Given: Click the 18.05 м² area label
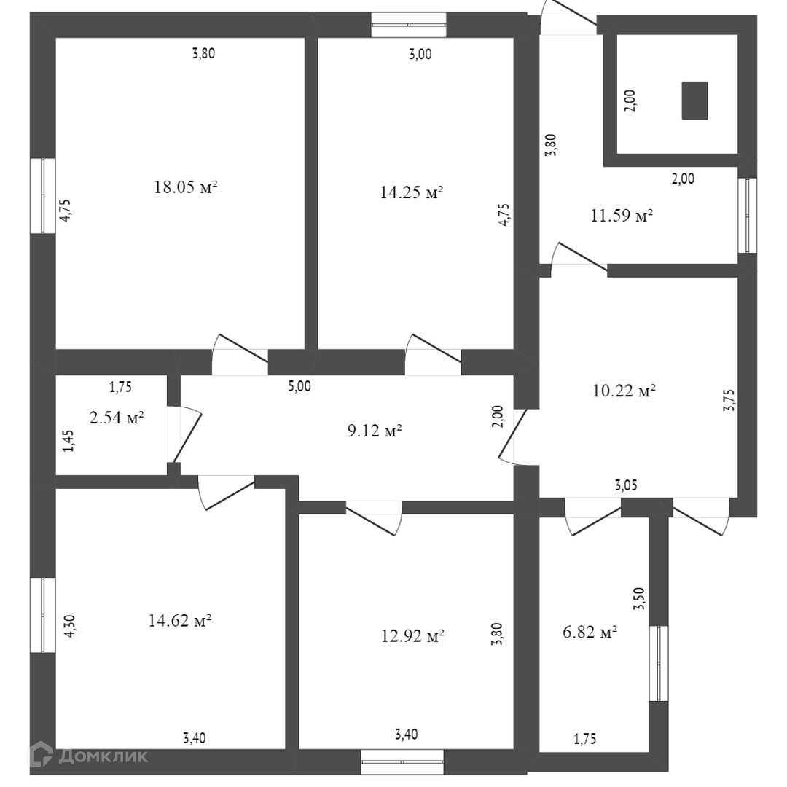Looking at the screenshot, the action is tap(186, 187).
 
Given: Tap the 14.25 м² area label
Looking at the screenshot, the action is tap(412, 192).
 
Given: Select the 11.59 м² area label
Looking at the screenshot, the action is tap(620, 216).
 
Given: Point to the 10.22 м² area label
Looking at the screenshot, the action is tap(624, 391).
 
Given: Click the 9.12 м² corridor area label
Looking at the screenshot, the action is tap(375, 431).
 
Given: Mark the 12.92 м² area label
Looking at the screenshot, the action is tap(413, 636).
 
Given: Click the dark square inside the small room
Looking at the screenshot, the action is tap(694, 101).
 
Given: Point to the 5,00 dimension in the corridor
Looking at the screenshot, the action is tap(299, 386).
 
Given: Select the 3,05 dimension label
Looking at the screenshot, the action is tap(630, 485).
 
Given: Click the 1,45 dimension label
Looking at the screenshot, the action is tap(68, 440).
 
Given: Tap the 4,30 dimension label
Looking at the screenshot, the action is tap(71, 626).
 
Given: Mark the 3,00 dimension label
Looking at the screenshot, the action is tap(420, 53).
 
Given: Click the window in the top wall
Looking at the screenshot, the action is tap(408, 24).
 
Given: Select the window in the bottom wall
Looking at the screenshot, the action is tap(402, 761).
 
